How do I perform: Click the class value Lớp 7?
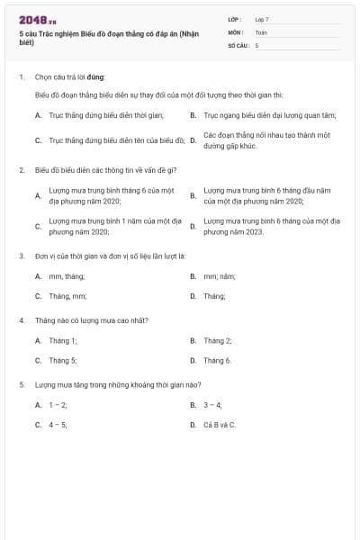262,19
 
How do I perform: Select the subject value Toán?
261,31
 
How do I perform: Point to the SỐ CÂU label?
238,44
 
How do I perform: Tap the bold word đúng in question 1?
96,77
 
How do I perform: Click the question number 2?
22,169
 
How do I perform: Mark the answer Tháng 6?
217,360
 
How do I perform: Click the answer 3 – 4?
212,405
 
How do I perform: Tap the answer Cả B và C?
220,424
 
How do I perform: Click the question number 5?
22,385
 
